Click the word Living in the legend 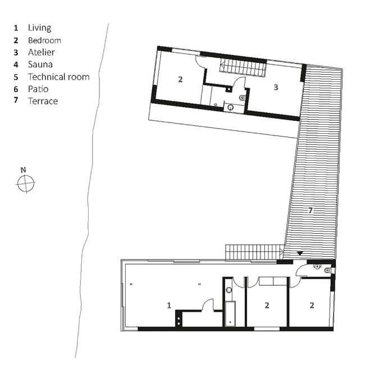[x=39, y=28]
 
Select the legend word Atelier [x=42, y=52]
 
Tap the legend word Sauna [x=40, y=65]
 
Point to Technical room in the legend [x=59, y=77]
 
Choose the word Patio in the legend [x=38, y=89]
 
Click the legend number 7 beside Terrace [x=16, y=100]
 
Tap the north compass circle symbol [x=26, y=184]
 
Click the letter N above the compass [x=23, y=170]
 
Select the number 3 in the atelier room [x=276, y=87]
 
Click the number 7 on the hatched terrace [x=310, y=211]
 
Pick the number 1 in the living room [x=169, y=305]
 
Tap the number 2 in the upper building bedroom [x=180, y=79]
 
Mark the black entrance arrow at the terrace [x=300, y=253]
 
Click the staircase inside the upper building [x=243, y=67]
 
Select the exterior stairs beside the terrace [x=254, y=253]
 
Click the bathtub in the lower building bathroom [x=230, y=314]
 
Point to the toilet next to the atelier [x=243, y=98]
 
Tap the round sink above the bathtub [x=229, y=289]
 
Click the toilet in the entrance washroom [x=328, y=270]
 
